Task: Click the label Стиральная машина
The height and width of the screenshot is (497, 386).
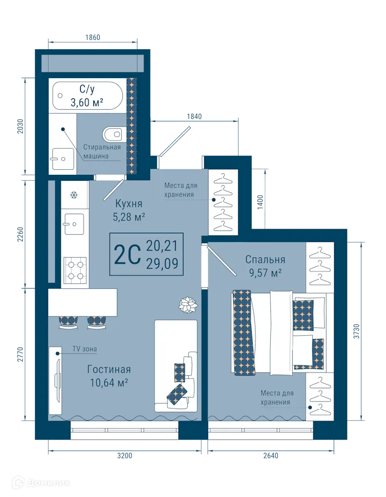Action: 102,151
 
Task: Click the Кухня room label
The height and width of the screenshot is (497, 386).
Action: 129,204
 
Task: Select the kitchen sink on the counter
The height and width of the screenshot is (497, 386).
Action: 73,223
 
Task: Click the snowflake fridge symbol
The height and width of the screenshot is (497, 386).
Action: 72,194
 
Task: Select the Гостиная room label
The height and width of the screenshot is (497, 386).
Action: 109,370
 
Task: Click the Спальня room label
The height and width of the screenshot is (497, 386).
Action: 265,259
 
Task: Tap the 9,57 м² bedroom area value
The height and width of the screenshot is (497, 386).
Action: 265,273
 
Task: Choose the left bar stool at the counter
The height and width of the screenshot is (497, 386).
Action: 68,322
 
